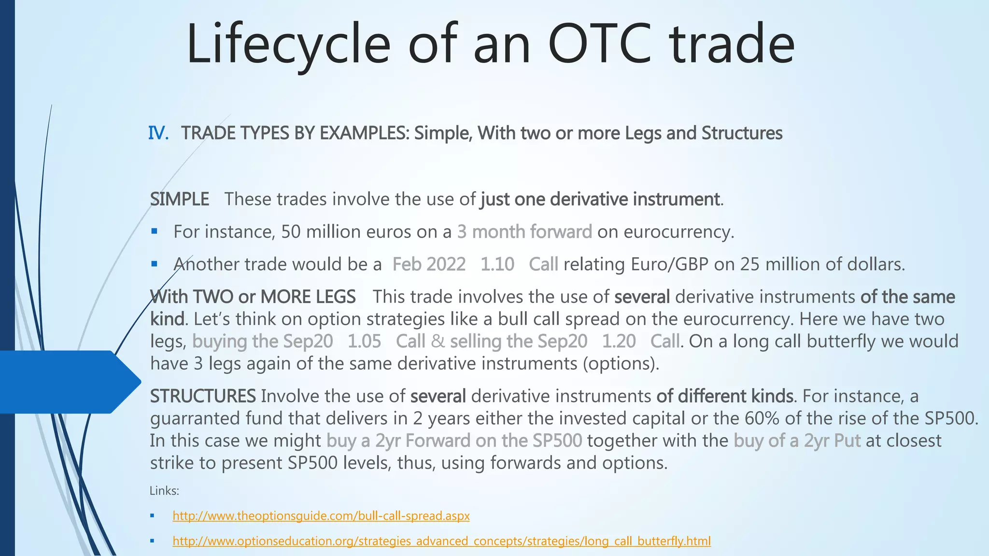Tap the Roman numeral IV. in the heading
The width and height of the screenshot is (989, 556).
[x=158, y=133]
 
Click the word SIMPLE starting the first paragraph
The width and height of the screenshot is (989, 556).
[x=179, y=199]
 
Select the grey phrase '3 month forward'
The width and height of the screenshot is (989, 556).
[x=524, y=232]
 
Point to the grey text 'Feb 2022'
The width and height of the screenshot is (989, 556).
[x=429, y=264]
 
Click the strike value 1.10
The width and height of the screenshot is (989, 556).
[x=497, y=264]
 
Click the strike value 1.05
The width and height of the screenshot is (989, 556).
[x=364, y=341]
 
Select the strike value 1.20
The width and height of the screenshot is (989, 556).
[x=619, y=341]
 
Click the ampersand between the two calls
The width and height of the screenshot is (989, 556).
[x=438, y=341]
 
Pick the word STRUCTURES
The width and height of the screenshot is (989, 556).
[x=203, y=396]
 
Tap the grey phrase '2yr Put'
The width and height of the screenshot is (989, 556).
[x=832, y=441]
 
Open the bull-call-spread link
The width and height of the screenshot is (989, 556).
[x=321, y=516]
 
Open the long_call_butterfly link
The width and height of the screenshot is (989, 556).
[x=441, y=541]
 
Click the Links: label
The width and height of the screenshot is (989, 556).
[x=164, y=491]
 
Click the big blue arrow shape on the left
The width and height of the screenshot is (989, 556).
[x=68, y=382]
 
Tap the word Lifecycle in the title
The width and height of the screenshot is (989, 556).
[x=288, y=44]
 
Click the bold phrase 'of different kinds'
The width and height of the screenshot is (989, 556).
[x=724, y=396]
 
